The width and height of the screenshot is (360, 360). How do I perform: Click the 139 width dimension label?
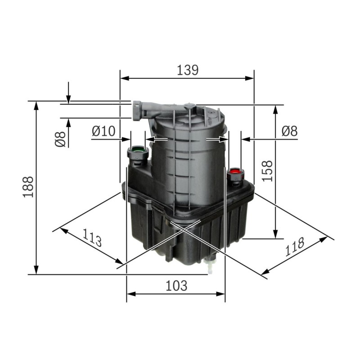click(187, 70)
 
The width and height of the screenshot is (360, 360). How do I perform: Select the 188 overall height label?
click(28, 187)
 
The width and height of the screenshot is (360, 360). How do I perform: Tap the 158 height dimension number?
click(267, 171)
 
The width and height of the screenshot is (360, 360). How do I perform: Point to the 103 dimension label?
click(176, 286)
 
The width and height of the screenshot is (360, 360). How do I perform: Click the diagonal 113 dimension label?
click(92, 238)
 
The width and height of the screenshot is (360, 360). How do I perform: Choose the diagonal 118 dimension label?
click(295, 247)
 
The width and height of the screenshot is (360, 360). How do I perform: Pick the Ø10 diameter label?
click(103, 131)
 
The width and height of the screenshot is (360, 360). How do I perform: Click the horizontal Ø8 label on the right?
click(289, 131)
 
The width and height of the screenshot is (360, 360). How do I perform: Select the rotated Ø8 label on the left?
click(60, 139)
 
